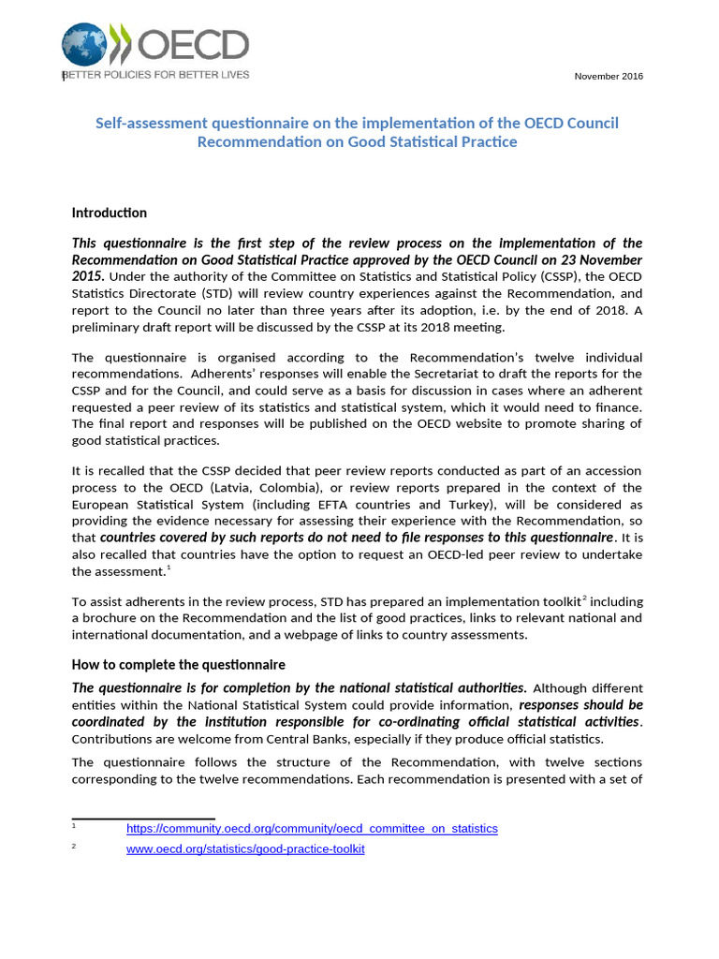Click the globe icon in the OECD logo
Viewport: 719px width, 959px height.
pos(83,45)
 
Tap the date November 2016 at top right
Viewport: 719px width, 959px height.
pos(609,76)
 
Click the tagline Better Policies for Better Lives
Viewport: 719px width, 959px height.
pos(156,74)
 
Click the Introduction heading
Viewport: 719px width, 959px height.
pos(110,213)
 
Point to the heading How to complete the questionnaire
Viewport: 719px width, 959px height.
pos(178,665)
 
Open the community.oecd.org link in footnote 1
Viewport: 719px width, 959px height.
pos(312,829)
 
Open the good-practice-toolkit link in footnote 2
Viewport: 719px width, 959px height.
pos(245,849)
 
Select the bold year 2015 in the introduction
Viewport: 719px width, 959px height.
pos(88,277)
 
